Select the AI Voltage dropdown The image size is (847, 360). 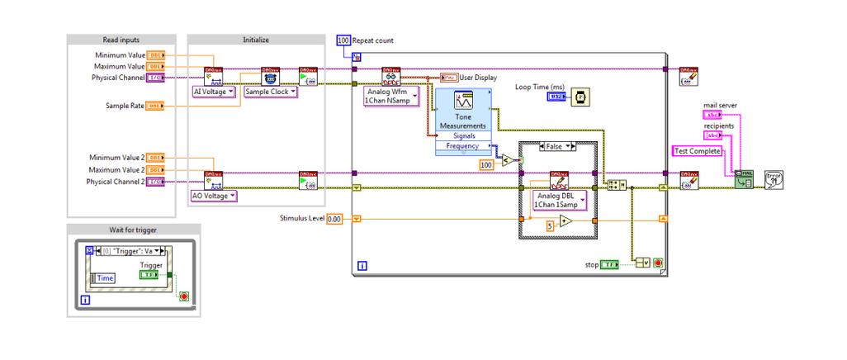coord(213,92)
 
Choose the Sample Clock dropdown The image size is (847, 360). coord(270,92)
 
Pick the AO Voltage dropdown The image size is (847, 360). coord(214,196)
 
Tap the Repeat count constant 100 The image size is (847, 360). coord(343,40)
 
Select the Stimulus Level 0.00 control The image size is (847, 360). coord(334,219)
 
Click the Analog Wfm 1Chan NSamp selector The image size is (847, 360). coord(391,97)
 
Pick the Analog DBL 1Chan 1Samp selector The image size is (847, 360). coord(559,200)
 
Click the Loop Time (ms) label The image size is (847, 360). coord(541,86)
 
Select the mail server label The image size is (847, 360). coord(720,106)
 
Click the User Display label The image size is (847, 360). coord(479,78)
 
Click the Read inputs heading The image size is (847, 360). coord(121,39)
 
